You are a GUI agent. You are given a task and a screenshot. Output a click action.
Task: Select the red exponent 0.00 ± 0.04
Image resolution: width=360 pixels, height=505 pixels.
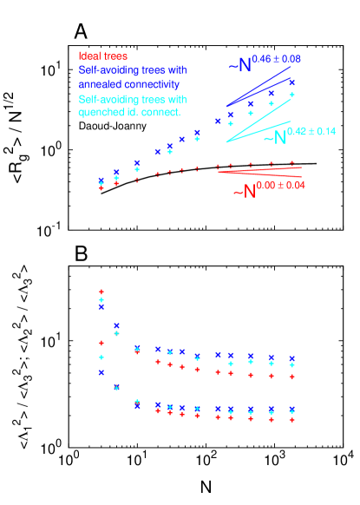point(282,184)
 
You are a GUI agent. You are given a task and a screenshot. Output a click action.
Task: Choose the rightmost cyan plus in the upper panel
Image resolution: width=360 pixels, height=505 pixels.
point(292,95)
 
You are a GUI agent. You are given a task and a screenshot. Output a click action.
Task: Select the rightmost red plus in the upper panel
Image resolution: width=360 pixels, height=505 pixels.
point(292,162)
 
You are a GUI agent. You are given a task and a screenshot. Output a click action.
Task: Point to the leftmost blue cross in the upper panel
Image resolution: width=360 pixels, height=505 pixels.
point(101,182)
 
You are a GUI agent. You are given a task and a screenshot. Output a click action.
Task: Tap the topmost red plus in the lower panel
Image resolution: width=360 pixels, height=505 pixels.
point(101,292)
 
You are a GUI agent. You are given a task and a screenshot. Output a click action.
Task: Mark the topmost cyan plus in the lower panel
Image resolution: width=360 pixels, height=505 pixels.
point(101,299)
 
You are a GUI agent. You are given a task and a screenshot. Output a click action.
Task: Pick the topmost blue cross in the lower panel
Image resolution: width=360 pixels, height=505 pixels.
point(101,306)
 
